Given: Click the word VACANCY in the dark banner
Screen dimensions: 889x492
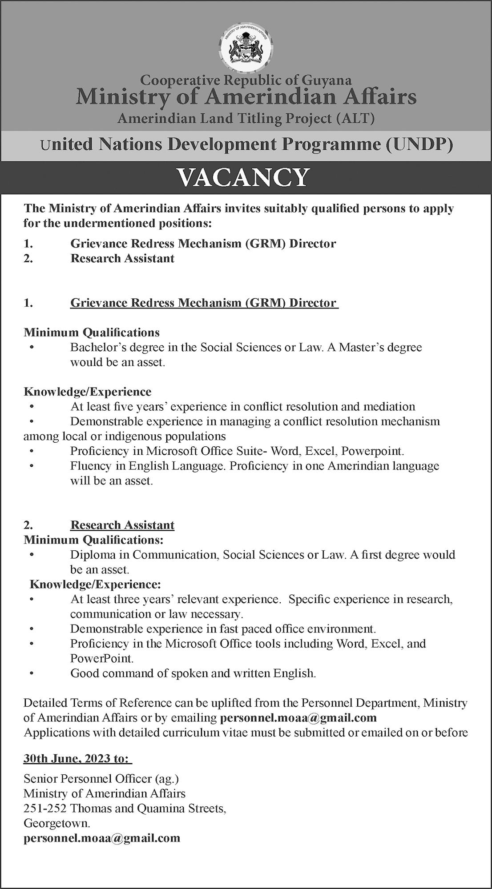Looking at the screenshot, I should (x=243, y=177).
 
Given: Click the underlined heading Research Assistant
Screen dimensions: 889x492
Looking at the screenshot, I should (x=122, y=525).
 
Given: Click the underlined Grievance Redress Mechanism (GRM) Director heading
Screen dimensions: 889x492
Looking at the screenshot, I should (x=203, y=303).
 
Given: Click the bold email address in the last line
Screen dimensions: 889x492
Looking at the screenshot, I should (x=102, y=838).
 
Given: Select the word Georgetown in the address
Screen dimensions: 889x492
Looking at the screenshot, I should (x=56, y=823).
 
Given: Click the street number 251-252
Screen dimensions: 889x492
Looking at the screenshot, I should (x=45, y=808).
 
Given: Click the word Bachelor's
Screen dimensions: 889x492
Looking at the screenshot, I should (x=99, y=347).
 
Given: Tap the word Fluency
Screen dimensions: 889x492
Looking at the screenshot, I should (x=90, y=466).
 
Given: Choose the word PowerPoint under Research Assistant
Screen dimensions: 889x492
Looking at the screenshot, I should (x=101, y=658).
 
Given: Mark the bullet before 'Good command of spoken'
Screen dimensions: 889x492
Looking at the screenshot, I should (x=32, y=673).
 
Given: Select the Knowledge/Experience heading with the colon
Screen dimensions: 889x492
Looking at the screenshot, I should (x=95, y=584).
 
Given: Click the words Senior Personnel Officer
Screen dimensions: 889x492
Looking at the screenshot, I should (x=89, y=778).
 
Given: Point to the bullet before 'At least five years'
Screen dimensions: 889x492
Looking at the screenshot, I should (x=32, y=407).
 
